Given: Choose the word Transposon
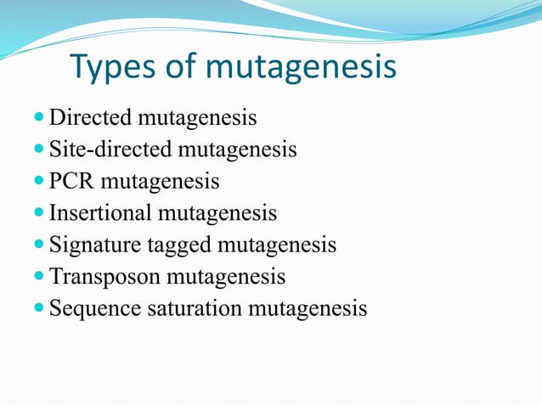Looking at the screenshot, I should [105, 277].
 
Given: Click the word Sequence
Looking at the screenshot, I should [94, 308].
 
